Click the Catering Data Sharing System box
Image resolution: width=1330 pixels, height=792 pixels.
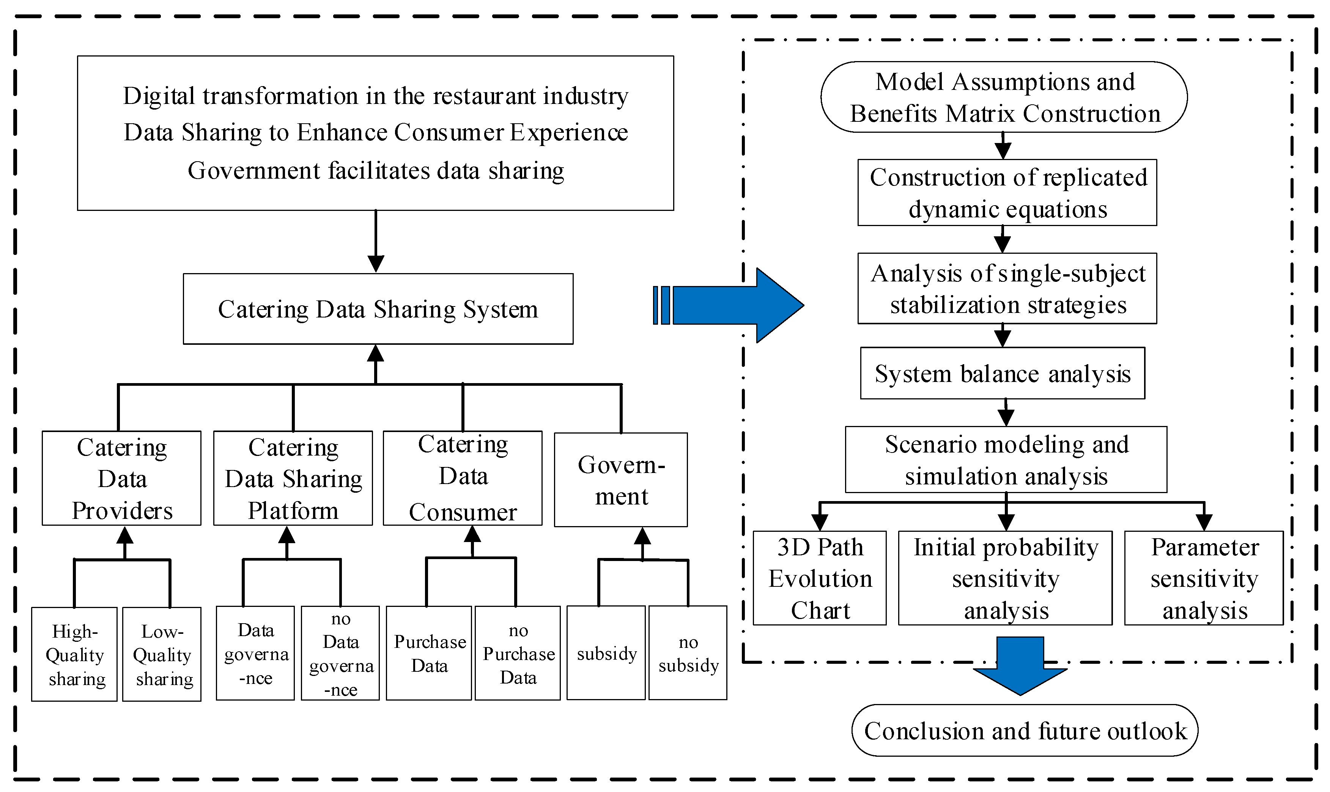click(x=378, y=309)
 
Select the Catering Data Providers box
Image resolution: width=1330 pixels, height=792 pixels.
click(x=122, y=478)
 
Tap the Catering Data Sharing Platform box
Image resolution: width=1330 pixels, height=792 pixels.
click(x=293, y=478)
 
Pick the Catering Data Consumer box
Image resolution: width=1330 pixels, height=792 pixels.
click(x=463, y=478)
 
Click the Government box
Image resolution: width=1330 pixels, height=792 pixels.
click(x=621, y=480)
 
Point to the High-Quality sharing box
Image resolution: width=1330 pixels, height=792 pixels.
click(x=74, y=654)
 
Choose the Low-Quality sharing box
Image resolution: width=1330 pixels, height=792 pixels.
click(x=162, y=654)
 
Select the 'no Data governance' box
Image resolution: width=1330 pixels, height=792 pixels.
click(x=341, y=653)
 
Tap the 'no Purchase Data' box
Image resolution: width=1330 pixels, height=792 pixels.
click(x=518, y=653)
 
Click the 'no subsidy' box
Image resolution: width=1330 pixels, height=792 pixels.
click(x=688, y=653)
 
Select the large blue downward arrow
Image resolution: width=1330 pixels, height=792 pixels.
click(x=1020, y=666)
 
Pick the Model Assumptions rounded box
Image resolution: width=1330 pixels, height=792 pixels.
click(x=1004, y=97)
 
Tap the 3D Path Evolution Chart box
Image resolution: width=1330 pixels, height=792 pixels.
click(x=820, y=578)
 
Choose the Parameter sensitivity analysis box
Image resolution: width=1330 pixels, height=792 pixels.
click(x=1204, y=578)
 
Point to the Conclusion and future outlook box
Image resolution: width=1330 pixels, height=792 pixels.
click(x=1025, y=731)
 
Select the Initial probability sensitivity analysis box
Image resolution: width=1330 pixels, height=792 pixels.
click(x=1006, y=578)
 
